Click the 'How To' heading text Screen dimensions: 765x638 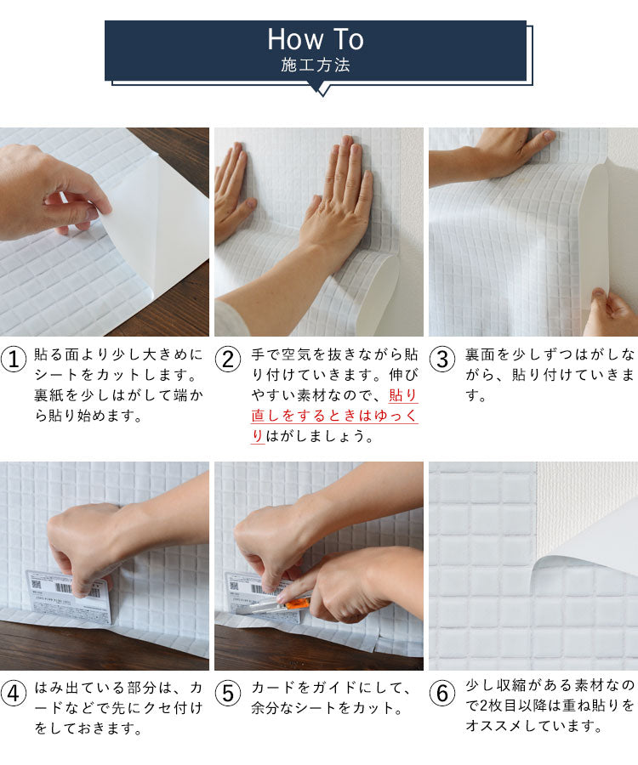(315, 39)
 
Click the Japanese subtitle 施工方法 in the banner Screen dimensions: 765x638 (315, 65)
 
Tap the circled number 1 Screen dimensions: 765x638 (14, 360)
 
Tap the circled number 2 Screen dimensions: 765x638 (228, 360)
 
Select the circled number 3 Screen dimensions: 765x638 (442, 360)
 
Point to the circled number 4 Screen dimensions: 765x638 (14, 694)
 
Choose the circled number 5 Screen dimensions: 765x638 (228, 694)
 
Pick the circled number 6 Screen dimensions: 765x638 (442, 694)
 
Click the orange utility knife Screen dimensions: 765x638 (293, 603)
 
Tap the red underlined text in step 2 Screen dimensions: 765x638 (334, 416)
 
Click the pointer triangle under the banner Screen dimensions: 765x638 (320, 88)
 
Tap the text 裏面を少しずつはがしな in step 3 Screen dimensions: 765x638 (550, 353)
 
